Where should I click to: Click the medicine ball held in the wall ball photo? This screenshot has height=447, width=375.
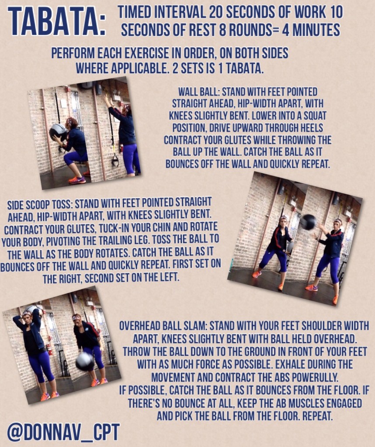click(x=58, y=132)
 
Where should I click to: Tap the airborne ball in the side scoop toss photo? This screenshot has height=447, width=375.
click(x=308, y=222)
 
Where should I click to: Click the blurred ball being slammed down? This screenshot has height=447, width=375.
click(x=85, y=361)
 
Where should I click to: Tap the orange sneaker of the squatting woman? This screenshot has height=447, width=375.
click(x=77, y=180)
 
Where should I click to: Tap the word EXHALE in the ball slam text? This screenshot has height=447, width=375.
click(x=288, y=364)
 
